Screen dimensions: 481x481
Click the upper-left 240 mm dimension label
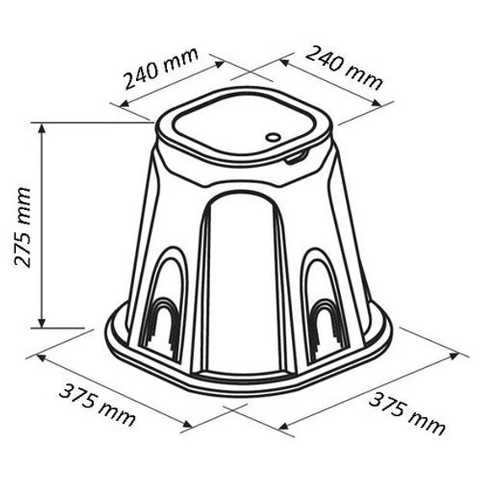click(161, 68)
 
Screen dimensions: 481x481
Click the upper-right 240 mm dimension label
click(344, 68)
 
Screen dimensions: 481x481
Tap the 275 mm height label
click(23, 227)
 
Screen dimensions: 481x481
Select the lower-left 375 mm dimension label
click(97, 406)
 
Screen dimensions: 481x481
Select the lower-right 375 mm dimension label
click(407, 413)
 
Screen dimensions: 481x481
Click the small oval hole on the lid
click(273, 137)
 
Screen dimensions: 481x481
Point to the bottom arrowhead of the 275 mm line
click(41, 322)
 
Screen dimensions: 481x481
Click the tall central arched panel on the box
click(245, 282)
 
